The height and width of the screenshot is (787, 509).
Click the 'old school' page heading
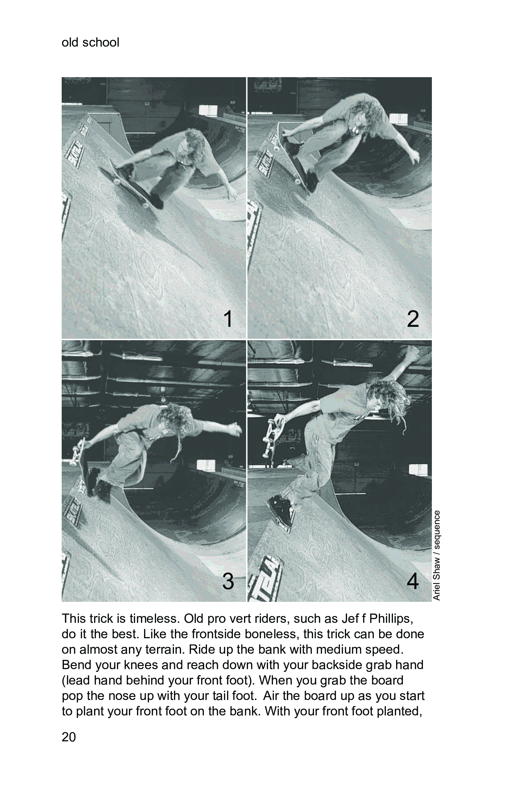(90, 42)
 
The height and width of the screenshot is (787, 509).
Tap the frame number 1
(228, 319)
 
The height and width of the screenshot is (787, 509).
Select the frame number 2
(413, 319)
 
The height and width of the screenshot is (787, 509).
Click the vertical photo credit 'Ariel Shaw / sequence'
(437, 556)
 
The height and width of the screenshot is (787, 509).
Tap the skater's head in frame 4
(387, 400)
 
